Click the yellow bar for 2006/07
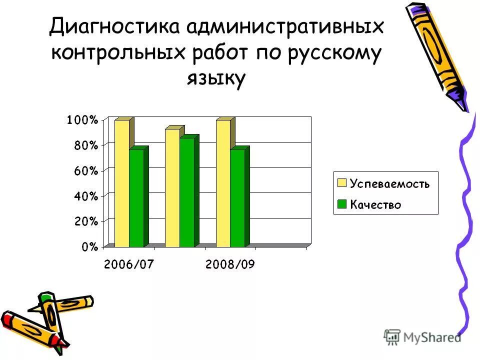click(x=122, y=183)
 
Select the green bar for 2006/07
click(x=136, y=198)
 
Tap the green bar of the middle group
click(x=187, y=192)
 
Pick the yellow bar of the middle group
click(x=172, y=187)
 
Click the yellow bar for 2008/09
click(x=223, y=183)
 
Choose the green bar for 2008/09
click(x=237, y=198)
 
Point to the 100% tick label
click(x=82, y=120)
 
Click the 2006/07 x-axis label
click(x=128, y=264)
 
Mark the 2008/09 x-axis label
click(x=229, y=264)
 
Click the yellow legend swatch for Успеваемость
click(x=342, y=183)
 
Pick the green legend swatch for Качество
click(x=342, y=204)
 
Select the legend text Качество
click(x=375, y=204)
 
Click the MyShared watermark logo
click(x=422, y=337)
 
